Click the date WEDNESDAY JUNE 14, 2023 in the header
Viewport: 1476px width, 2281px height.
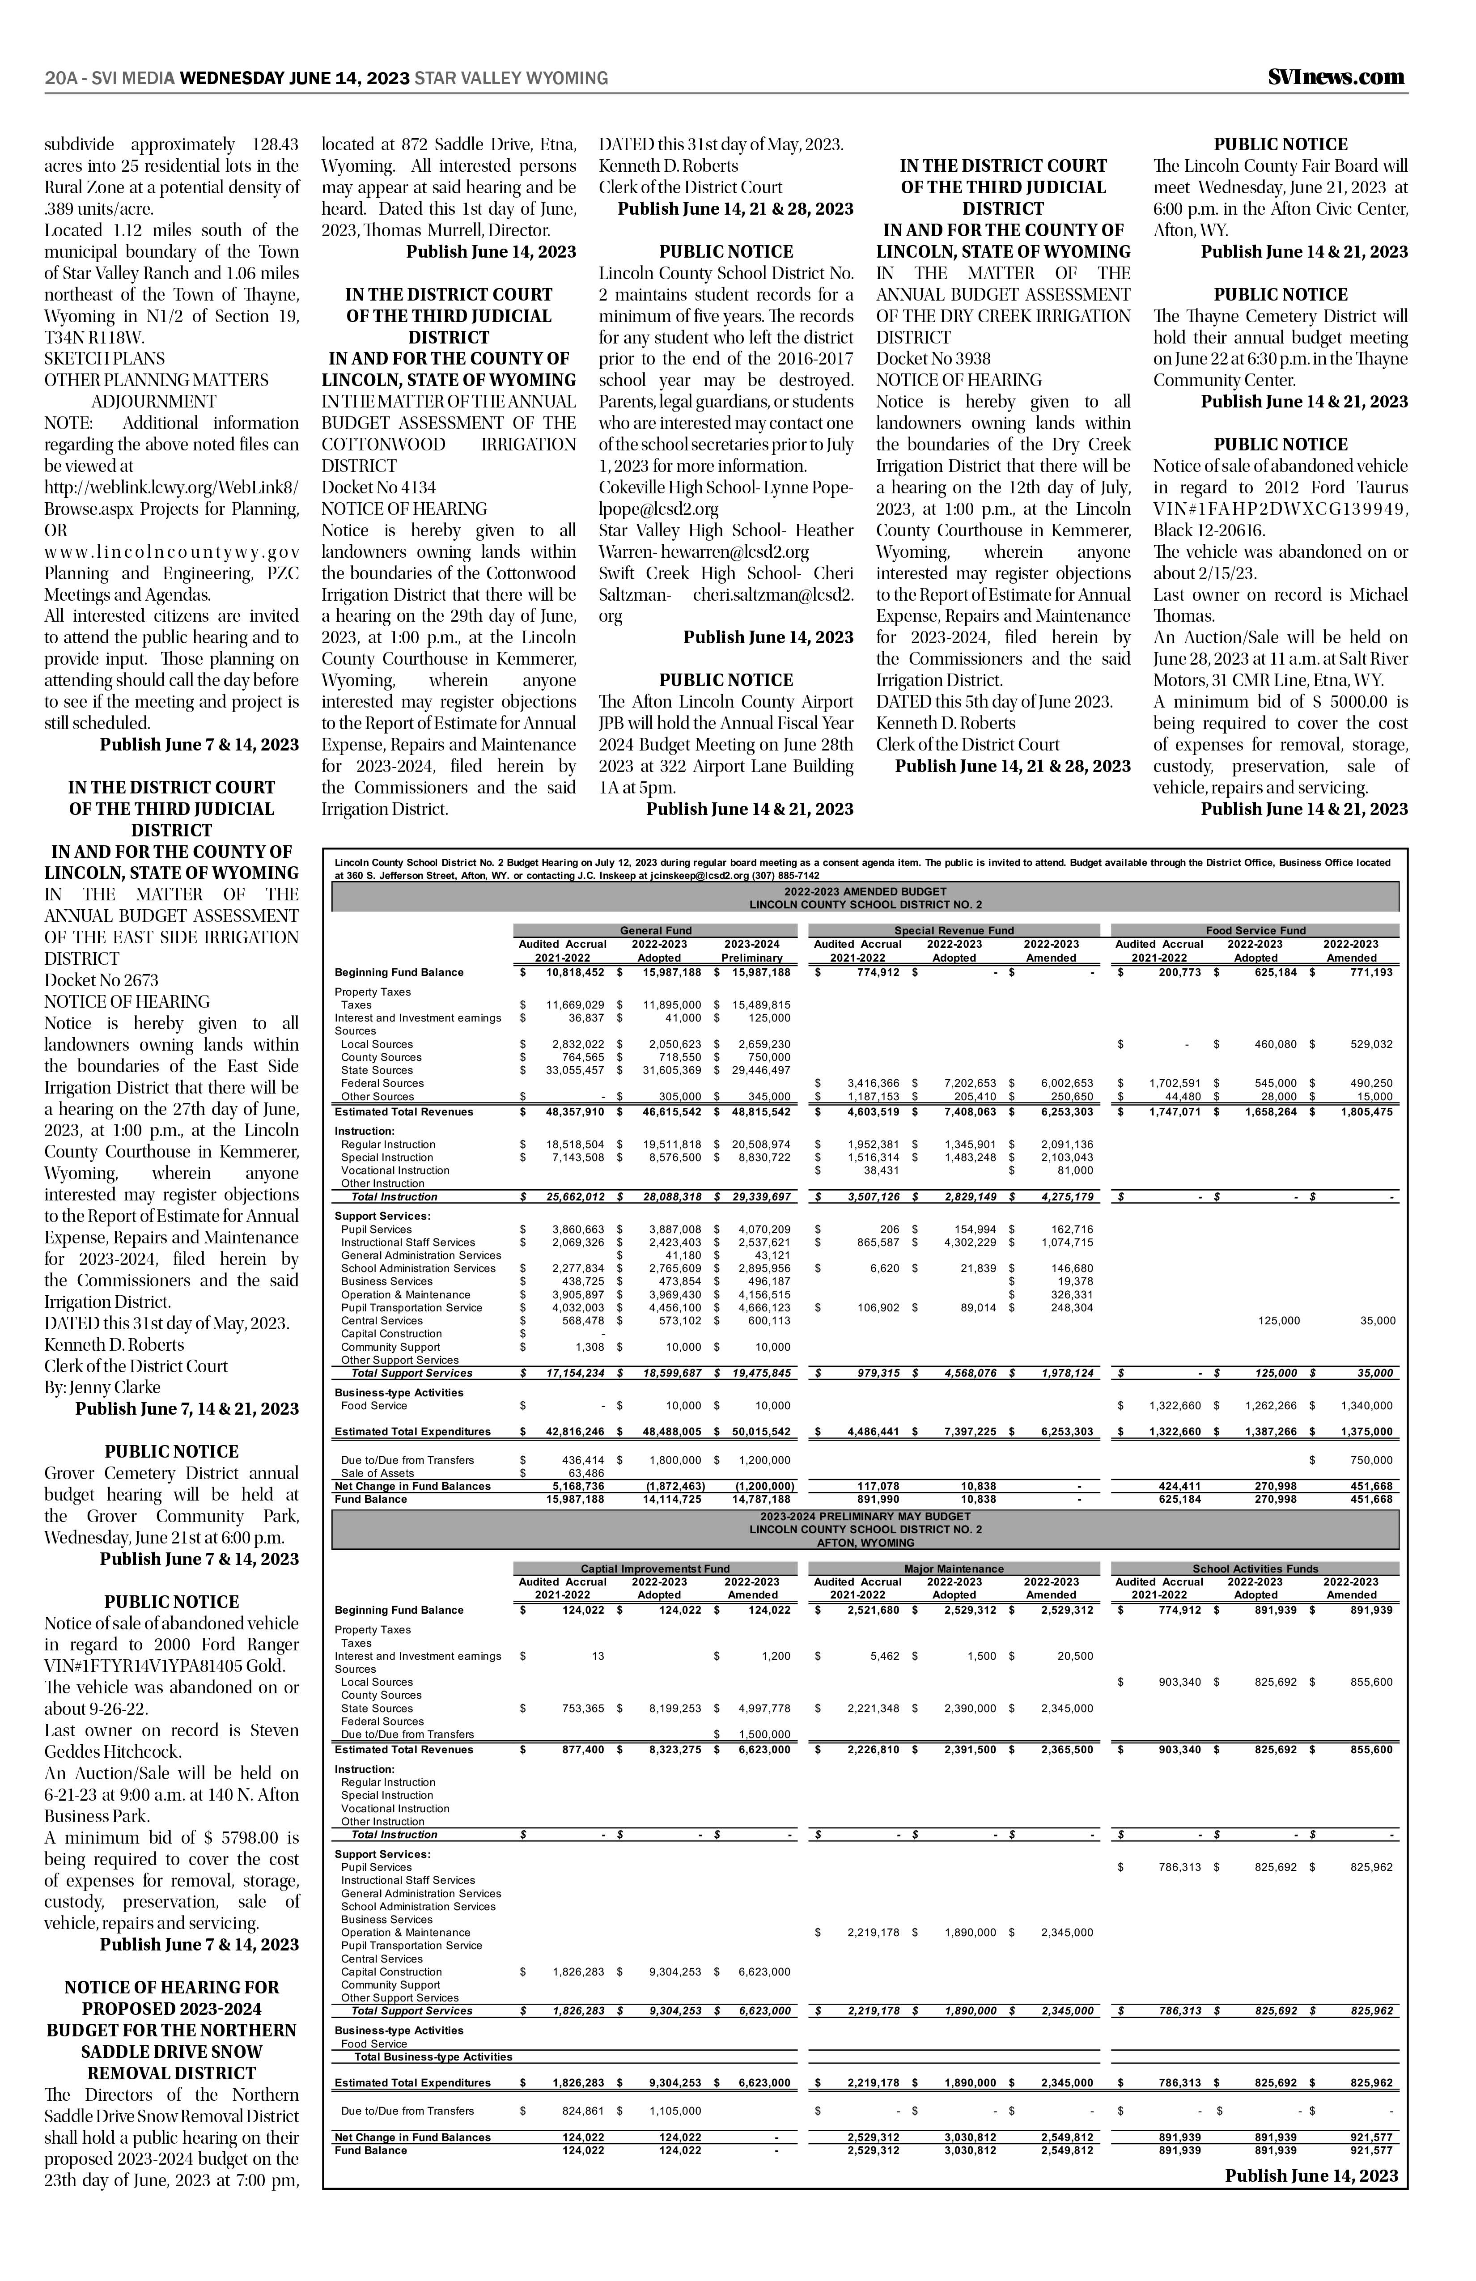pyautogui.click(x=295, y=79)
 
